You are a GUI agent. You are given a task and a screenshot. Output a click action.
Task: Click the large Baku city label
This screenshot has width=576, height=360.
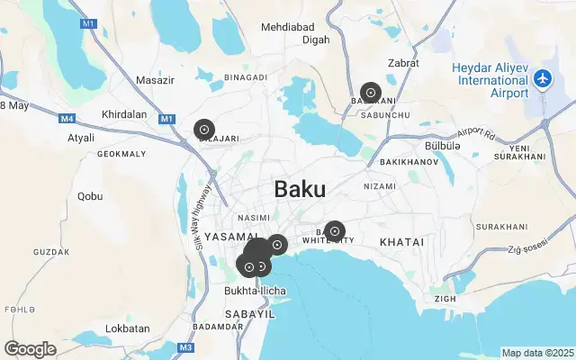click(300, 190)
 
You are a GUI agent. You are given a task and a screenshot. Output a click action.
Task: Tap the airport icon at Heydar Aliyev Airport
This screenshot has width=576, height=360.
click(543, 79)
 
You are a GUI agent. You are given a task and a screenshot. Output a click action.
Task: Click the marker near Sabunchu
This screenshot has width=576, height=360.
click(370, 93)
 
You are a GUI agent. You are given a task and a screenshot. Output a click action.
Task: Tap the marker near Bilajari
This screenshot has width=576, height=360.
click(204, 130)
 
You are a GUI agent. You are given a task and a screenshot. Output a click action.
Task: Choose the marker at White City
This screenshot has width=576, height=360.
click(335, 231)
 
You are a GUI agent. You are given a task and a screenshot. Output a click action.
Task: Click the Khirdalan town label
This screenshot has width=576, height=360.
click(124, 115)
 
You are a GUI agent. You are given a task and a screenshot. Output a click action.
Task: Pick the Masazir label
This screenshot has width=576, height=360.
click(154, 80)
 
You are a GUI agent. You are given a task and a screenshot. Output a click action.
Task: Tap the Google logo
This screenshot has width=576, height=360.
click(31, 349)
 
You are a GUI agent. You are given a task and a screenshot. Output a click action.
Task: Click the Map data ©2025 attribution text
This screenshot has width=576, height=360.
click(537, 353)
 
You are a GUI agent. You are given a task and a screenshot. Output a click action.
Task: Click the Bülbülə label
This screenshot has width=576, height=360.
click(442, 146)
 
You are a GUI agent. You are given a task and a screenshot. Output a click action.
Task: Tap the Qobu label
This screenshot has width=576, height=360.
click(90, 195)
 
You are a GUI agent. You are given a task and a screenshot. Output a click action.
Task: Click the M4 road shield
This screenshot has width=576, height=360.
click(67, 118)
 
